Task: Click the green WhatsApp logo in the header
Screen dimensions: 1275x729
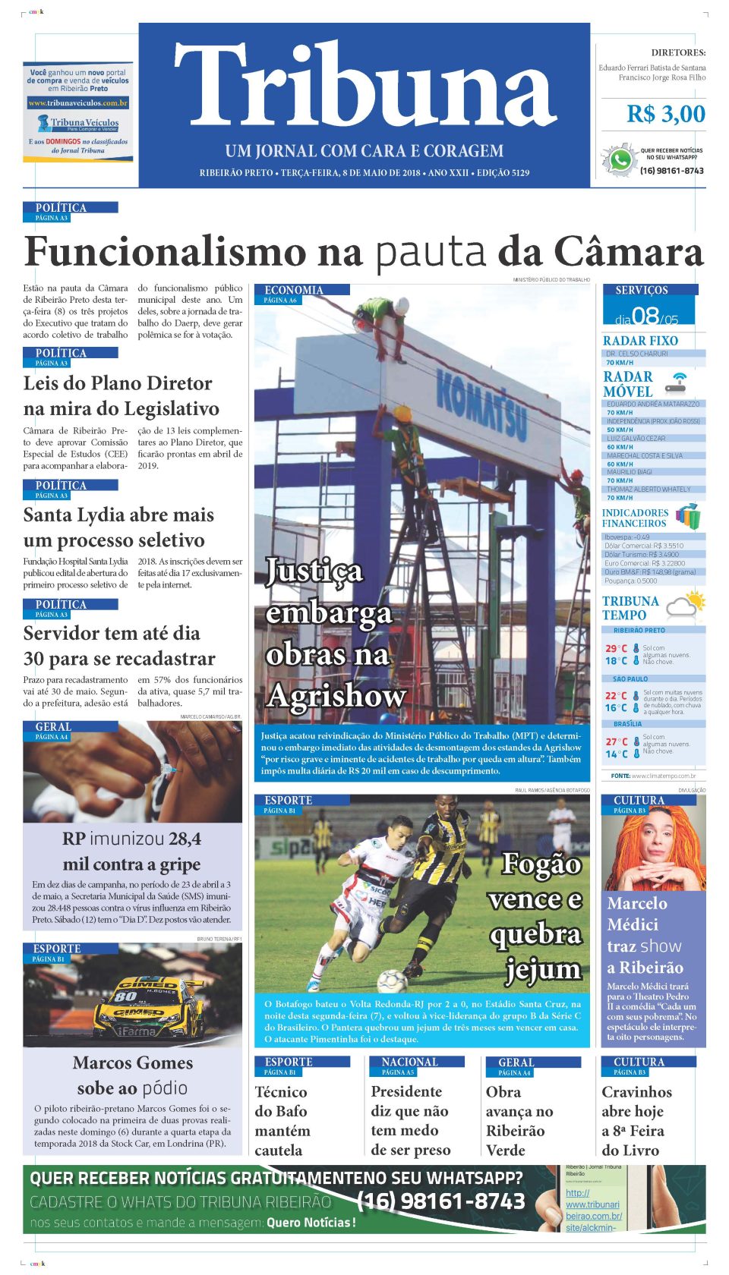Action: [620, 161]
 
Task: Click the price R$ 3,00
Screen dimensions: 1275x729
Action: [665, 115]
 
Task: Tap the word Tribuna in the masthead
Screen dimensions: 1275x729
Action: [364, 85]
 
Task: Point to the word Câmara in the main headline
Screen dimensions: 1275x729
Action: [628, 252]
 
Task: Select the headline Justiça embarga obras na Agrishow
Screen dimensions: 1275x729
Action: [334, 632]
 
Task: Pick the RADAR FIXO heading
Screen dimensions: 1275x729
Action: [640, 341]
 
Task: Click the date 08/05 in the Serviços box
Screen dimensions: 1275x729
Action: [647, 316]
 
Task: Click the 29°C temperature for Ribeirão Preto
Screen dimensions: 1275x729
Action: [616, 649]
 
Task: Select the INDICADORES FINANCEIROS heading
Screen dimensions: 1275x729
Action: [635, 518]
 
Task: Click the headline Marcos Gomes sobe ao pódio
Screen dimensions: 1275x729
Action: [133, 1075]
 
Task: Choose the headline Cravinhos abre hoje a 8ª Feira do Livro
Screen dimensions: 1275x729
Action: [636, 1120]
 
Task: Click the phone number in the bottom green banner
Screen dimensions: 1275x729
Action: [440, 1201]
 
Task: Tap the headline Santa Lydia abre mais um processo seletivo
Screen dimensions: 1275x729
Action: [118, 527]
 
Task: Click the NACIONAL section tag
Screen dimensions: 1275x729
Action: [409, 1062]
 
